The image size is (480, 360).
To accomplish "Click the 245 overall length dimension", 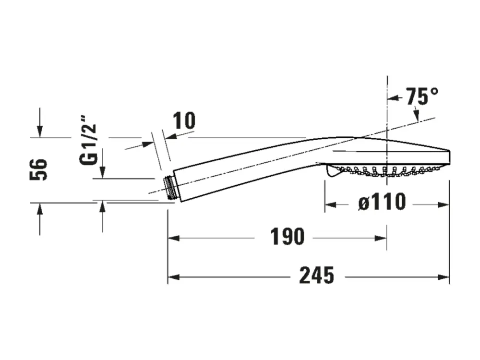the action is (316, 275).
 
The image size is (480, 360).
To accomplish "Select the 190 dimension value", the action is (287, 236).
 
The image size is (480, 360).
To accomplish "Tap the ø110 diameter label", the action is (382, 202).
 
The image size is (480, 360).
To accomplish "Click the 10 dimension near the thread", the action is (184, 120).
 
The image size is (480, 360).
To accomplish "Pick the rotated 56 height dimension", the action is (38, 169).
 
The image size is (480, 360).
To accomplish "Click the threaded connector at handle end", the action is (169, 188).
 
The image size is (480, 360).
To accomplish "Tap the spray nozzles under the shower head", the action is (387, 171).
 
